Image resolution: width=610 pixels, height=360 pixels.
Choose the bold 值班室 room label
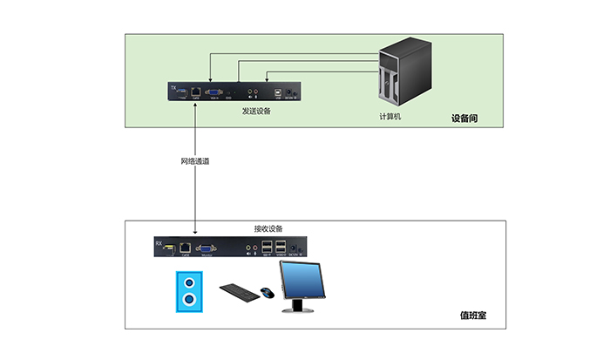(472, 315)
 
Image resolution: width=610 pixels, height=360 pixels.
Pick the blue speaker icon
(189, 291)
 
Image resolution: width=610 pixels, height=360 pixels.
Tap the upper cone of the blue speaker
(189, 282)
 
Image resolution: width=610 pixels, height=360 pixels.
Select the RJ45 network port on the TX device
(198, 90)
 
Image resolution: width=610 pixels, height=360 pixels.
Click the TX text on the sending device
(173, 86)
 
